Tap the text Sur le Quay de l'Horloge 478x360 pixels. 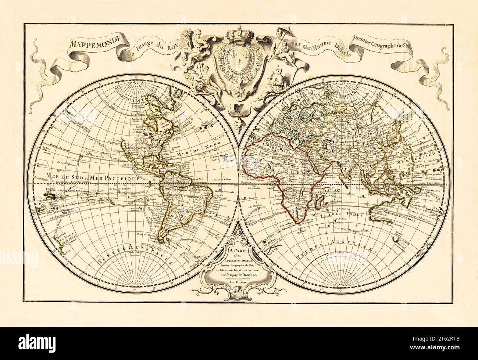(239, 274)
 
